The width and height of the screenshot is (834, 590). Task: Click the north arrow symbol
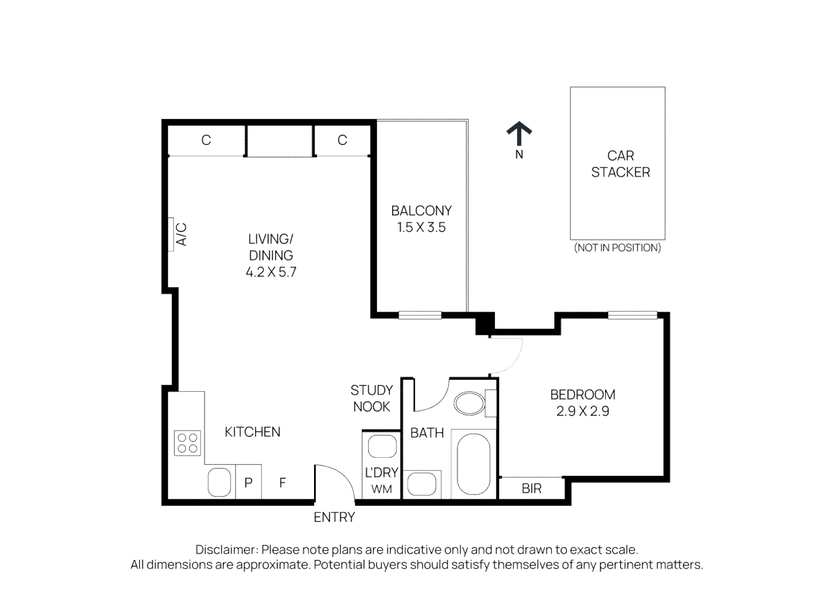tap(519, 134)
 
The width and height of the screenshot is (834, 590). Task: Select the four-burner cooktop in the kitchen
tap(187, 443)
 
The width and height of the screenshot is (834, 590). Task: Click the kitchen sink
tap(220, 482)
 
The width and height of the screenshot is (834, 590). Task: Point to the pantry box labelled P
tap(249, 482)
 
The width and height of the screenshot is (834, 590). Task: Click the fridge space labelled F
tap(282, 482)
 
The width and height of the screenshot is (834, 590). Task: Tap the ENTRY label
tap(334, 517)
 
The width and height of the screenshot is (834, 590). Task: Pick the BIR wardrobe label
tap(531, 488)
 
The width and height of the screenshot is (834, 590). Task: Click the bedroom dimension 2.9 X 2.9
tap(582, 411)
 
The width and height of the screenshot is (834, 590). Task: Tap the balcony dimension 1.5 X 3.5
tap(421, 227)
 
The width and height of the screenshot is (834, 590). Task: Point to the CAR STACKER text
tap(620, 164)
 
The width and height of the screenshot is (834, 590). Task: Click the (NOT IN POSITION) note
tap(617, 247)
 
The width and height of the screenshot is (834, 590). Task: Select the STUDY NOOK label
tap(371, 398)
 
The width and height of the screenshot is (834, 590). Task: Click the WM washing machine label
tap(382, 489)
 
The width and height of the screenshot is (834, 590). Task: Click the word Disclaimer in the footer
tap(226, 550)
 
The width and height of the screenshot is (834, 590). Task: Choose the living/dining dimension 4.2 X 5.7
tap(271, 272)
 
